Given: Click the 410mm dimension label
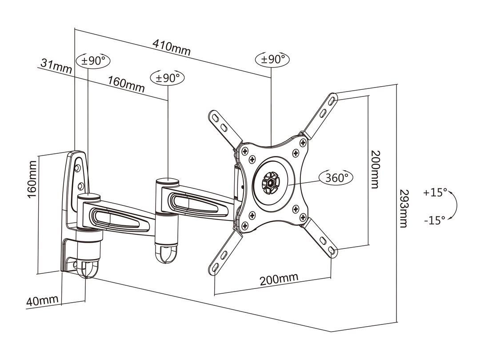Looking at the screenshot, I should [172, 47].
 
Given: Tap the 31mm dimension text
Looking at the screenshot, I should [56, 67].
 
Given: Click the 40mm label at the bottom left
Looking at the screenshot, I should [43, 301].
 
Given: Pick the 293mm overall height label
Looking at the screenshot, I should [404, 208].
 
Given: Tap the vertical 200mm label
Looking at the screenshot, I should [376, 169].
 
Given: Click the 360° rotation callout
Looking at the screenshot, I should [336, 178].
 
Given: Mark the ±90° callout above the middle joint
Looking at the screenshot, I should [168, 78].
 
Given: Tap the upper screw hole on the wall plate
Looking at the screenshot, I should [78, 168].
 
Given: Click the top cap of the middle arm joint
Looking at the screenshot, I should [167, 181].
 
